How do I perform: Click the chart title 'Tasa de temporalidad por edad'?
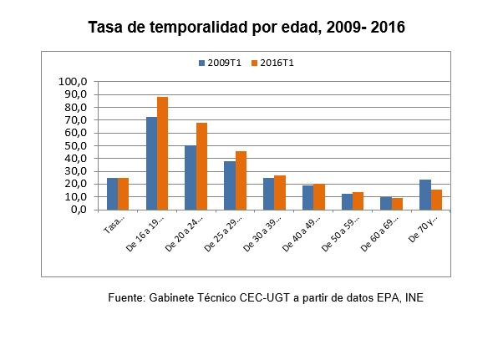pos(246,27)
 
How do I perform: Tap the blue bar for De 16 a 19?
pos(151,163)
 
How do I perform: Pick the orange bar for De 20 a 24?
pos(201,166)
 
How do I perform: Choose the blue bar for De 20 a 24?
pos(191,177)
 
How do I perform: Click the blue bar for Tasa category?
pos(112,194)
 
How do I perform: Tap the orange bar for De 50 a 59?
pos(358,200)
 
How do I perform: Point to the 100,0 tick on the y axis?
pos(74,82)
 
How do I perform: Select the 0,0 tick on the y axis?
pos(79,210)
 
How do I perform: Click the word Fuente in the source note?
pos(127,297)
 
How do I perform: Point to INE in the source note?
pos(414,297)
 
